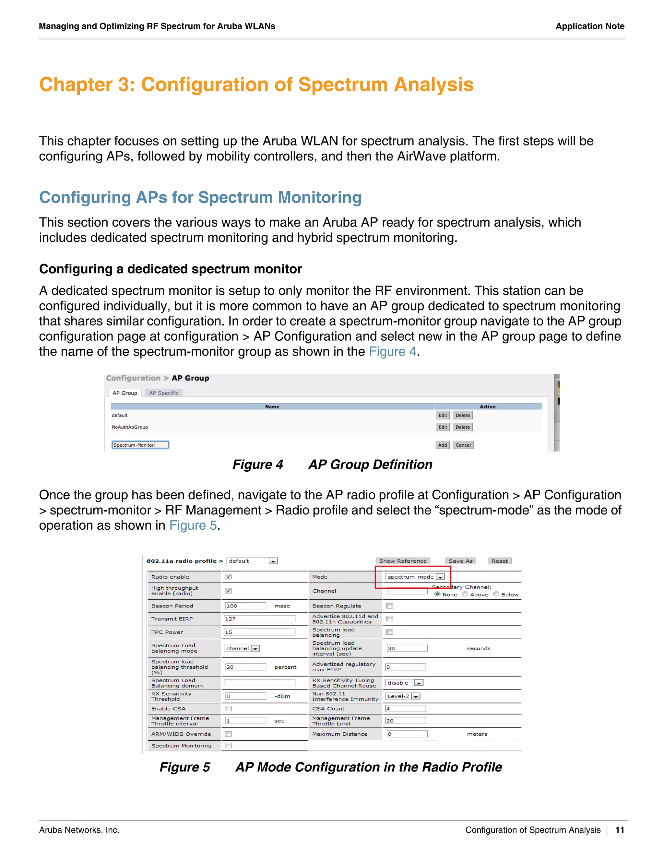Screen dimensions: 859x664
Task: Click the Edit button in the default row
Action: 443,415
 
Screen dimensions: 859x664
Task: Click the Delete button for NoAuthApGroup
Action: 463,427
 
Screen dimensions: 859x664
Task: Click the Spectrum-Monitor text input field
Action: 140,445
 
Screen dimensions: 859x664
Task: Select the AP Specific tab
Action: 164,393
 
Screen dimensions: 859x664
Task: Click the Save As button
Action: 460,561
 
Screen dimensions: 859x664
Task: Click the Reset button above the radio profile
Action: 499,561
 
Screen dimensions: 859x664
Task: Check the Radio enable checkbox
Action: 228,577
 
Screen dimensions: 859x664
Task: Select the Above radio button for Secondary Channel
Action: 465,594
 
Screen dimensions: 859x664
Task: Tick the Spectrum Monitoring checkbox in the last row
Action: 228,745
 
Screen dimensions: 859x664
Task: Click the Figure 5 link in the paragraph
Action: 193,525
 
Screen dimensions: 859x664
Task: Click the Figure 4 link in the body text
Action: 392,352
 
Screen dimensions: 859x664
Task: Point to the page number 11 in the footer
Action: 620,830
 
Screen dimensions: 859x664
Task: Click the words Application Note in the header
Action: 590,26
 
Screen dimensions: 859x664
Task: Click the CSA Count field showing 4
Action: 405,708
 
